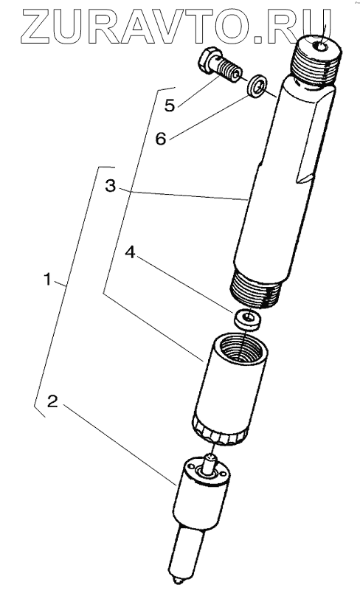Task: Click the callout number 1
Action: click(48, 280)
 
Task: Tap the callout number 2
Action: click(52, 401)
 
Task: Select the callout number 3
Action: click(110, 186)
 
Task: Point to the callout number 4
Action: click(131, 252)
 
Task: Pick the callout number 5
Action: click(170, 105)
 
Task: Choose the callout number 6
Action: click(160, 139)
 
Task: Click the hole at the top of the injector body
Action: click(321, 46)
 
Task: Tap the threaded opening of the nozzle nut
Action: click(240, 347)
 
